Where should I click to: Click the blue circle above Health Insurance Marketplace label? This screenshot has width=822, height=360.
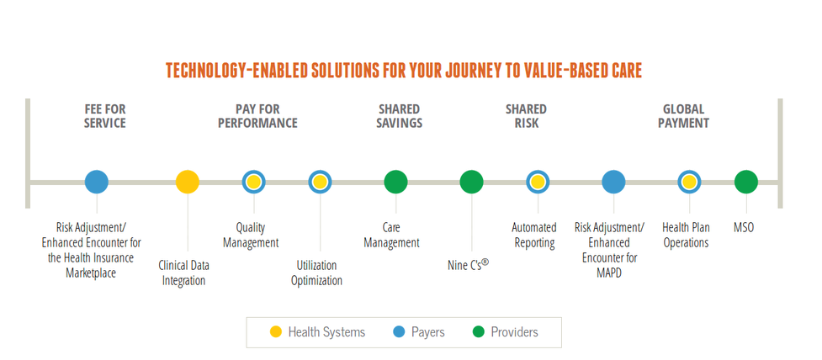click(x=97, y=183)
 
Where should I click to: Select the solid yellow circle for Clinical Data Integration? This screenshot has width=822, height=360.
click(x=187, y=183)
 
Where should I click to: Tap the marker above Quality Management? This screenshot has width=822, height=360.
click(x=254, y=183)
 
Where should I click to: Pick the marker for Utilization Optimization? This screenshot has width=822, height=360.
click(x=320, y=183)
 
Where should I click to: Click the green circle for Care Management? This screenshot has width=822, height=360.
click(x=395, y=183)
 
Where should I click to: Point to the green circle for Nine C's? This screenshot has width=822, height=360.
click(x=472, y=183)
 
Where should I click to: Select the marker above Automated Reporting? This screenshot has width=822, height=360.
click(x=538, y=183)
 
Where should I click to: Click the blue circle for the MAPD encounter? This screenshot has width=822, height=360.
click(x=613, y=183)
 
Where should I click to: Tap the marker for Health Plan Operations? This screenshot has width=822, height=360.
click(x=689, y=183)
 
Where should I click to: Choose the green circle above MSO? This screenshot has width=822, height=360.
click(x=746, y=183)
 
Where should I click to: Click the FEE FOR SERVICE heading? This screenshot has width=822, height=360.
click(x=105, y=116)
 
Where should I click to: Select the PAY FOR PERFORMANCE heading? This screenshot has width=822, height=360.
click(x=258, y=116)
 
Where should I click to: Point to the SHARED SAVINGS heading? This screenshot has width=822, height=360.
click(x=399, y=116)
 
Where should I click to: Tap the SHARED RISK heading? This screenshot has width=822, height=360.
click(x=526, y=116)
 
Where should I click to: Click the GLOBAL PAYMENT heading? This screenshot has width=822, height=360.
click(x=684, y=116)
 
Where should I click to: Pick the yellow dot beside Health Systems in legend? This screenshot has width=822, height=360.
click(x=276, y=331)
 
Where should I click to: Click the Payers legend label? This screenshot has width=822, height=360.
click(x=428, y=332)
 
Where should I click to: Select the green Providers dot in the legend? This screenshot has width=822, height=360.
click(x=478, y=331)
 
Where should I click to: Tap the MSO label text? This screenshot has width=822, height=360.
click(x=744, y=228)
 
